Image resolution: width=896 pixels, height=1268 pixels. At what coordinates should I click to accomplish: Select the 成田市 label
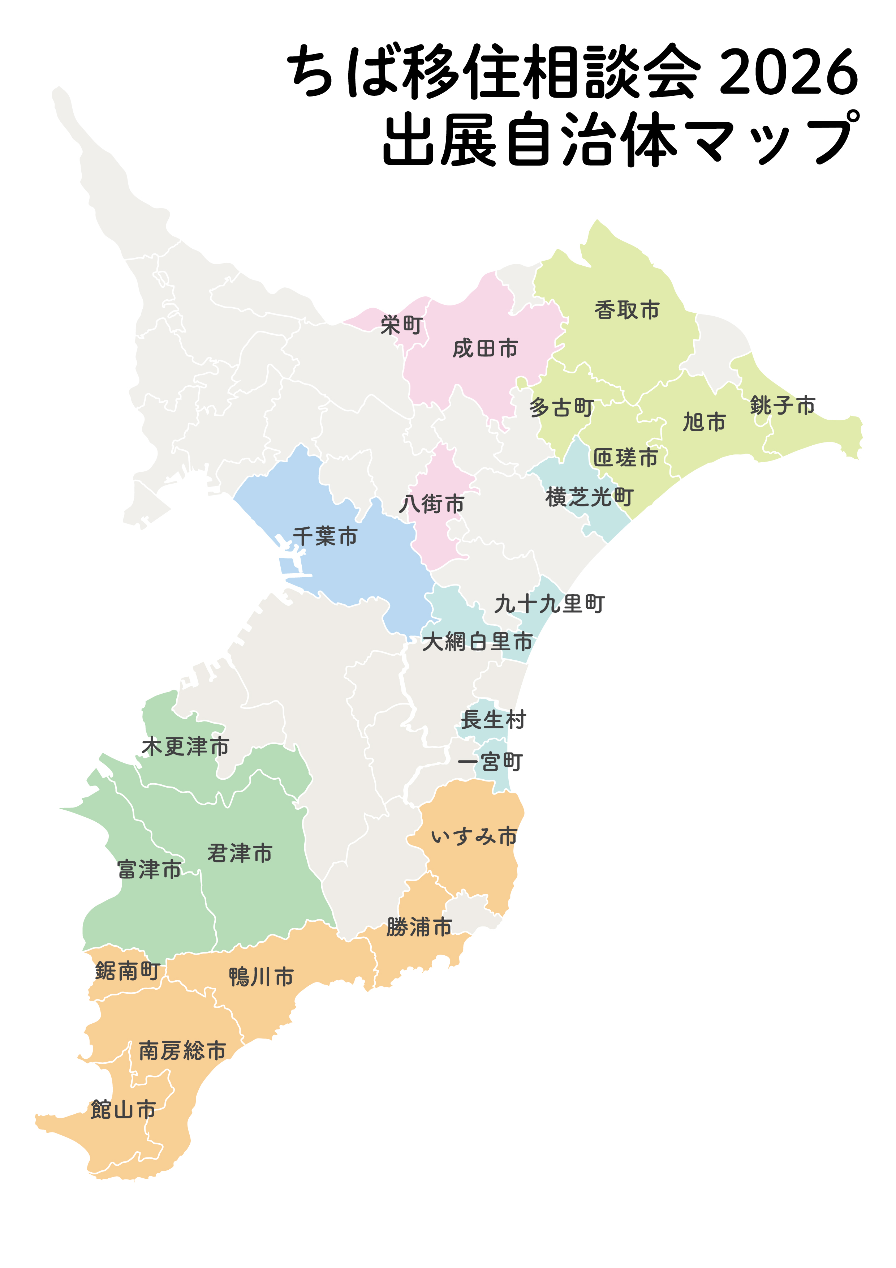click(x=485, y=349)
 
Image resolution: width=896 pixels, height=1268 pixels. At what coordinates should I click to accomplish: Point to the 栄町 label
click(x=401, y=325)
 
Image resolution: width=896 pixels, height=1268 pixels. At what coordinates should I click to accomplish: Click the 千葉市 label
click(x=325, y=536)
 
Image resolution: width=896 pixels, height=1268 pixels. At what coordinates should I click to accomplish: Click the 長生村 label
click(x=493, y=720)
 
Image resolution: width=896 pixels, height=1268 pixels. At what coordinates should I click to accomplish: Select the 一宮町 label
click(x=490, y=763)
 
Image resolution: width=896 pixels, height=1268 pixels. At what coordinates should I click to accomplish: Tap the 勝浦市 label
click(x=419, y=927)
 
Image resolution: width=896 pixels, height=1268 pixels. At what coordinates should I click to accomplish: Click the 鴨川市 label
click(x=261, y=977)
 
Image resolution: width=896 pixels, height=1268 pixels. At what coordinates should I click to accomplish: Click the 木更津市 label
click(x=185, y=747)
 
